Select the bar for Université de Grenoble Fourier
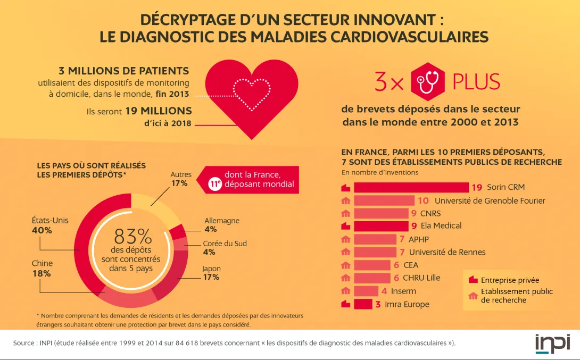coord(384,200)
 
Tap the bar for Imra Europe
coord(363,304)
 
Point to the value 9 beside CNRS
coord(414,213)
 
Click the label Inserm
coord(403,291)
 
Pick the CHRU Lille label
coord(421,278)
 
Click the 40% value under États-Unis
coord(42,230)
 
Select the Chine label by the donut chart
coord(42,263)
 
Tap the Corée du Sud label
coord(225,244)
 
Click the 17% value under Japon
coord(211,277)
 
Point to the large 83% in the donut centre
coord(132,236)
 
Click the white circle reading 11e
coord(215,184)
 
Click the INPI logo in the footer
coord(552,343)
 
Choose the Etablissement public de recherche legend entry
coord(516,296)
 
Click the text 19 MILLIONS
coord(159,111)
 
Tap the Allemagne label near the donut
coord(222,221)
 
